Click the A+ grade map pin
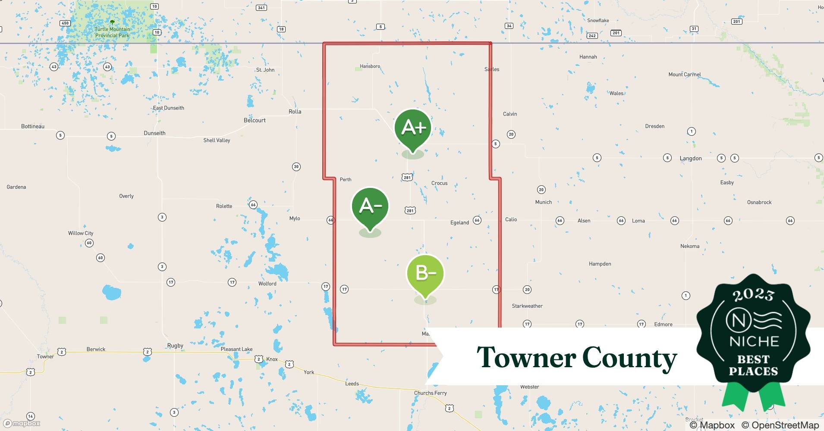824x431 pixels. (413, 128)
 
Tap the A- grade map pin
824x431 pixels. (370, 206)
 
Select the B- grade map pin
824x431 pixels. (425, 273)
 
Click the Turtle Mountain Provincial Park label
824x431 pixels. (112, 32)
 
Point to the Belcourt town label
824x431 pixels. (255, 120)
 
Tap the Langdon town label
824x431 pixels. (691, 158)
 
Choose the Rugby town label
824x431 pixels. (175, 346)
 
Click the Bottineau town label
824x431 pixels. (33, 126)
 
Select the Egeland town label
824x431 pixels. (459, 222)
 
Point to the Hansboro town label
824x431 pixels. (370, 66)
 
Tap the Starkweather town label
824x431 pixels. (527, 306)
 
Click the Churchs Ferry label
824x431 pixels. (430, 393)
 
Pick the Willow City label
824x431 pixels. (81, 233)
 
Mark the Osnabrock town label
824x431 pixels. (759, 202)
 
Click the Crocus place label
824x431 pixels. (439, 183)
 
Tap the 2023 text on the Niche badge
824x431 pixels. (753, 295)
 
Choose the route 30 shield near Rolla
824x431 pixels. (296, 167)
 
